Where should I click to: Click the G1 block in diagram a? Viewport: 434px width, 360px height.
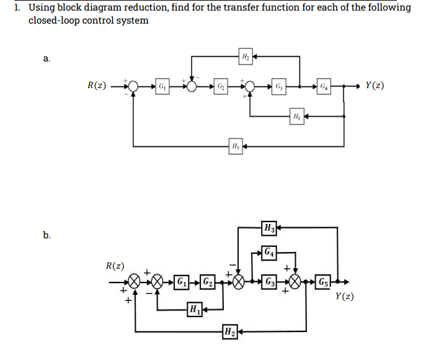pos(161,85)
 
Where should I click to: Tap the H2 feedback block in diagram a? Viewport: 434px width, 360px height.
pos(244,57)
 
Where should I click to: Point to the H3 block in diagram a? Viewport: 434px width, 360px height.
pos(234,146)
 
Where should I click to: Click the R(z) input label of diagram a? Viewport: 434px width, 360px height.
pos(96,85)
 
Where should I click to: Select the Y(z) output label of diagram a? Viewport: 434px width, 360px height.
pos(375,85)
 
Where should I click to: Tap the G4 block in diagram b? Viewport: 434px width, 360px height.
pos(268,253)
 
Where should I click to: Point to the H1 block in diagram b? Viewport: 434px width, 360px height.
pos(194,308)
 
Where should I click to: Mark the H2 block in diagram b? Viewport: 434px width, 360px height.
pos(229,329)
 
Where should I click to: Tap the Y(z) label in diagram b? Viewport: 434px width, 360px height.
pos(345,297)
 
